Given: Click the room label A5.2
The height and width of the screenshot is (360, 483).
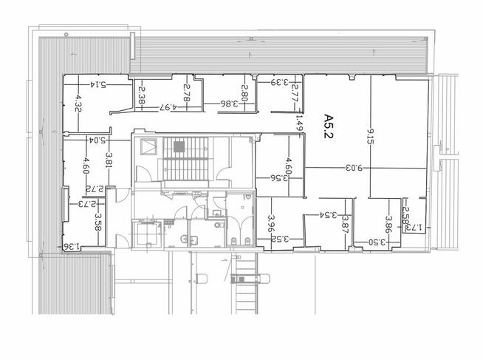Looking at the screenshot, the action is point(329,126).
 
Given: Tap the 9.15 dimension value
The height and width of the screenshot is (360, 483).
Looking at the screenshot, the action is point(370,137).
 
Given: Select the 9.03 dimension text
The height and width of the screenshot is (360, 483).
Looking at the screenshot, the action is point(354,168).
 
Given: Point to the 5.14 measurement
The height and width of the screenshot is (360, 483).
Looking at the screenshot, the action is point(98,84).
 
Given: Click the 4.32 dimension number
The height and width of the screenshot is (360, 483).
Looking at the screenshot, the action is point(78,103).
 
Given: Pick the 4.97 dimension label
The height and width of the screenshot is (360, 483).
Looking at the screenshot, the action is point(168,107).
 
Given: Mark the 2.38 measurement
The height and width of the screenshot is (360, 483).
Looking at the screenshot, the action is point(142,95).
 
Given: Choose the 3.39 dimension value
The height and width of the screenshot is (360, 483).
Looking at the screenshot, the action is point(280,82).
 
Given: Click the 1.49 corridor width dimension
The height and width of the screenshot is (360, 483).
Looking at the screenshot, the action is point(300,123).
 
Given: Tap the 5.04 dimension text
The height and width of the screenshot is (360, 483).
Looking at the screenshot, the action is point(97,140).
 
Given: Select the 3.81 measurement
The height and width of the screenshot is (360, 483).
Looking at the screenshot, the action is point(109,160).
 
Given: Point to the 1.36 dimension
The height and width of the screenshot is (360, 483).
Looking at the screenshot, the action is point(72,246).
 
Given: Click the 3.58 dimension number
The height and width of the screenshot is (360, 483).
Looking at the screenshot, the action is point(98,222).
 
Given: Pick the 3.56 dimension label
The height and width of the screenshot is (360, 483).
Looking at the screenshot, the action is point(279,178).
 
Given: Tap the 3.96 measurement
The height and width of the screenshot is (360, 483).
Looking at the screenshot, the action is point(271,223).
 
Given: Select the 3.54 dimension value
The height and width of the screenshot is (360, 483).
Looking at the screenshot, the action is point(329,215).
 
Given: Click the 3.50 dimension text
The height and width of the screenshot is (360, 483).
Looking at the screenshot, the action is point(377,242).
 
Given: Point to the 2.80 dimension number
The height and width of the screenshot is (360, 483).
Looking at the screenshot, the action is point(245,93).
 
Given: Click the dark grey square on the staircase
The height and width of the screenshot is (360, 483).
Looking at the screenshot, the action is point(179,146).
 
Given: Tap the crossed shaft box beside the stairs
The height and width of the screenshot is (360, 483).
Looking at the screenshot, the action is point(148,146).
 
